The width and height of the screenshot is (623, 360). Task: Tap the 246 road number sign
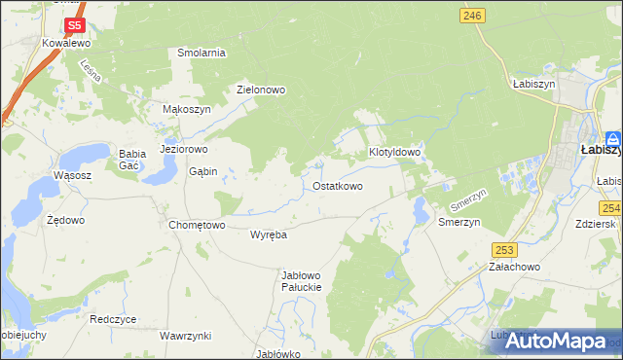473,16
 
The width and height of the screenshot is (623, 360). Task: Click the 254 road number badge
610,207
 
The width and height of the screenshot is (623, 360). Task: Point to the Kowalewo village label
66,44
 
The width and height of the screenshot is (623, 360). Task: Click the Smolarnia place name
202,53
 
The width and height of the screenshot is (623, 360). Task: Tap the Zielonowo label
261,90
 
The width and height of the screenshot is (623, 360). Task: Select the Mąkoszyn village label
186,110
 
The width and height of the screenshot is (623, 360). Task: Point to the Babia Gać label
131,160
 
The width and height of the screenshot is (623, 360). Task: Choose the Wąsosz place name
73,175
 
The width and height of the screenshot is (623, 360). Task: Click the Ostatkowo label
338,186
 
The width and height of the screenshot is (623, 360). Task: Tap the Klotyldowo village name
394,153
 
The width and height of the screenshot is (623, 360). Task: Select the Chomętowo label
198,225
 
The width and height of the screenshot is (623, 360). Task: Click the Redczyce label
112,319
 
